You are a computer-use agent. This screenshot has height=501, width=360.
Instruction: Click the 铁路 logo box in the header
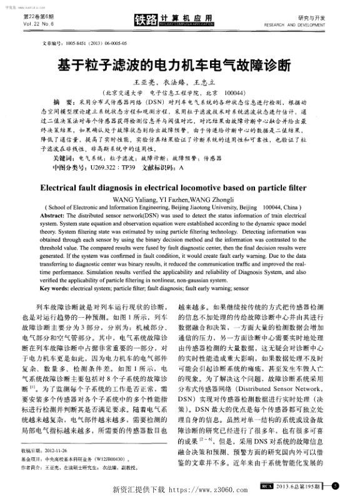(147, 19)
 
